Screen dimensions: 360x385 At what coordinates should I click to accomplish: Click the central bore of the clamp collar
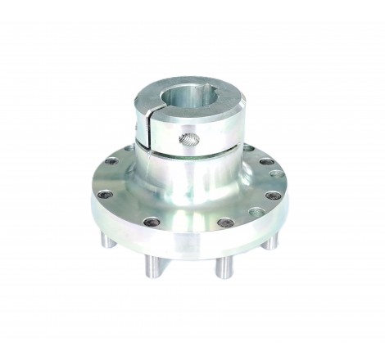click(195, 105)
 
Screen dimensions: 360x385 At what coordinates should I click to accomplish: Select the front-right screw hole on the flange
click(222, 223)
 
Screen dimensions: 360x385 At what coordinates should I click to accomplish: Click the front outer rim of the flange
click(188, 247)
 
